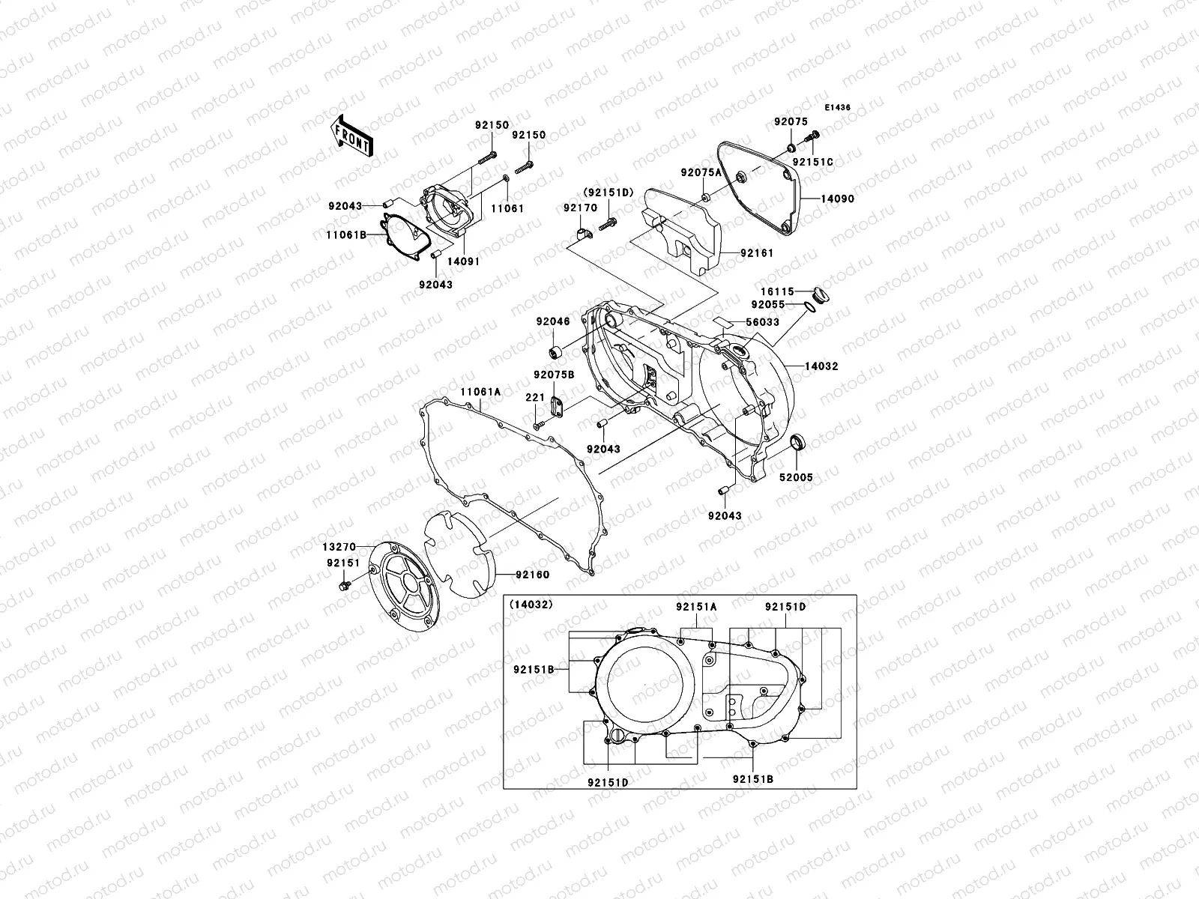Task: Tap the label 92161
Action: (757, 253)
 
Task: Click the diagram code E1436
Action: (839, 108)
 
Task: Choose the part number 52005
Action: (795, 477)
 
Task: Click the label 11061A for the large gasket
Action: (480, 392)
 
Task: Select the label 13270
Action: (339, 547)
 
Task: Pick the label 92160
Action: (532, 575)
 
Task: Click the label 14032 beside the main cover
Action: (821, 366)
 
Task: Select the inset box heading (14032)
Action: (531, 604)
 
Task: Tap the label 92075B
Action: (554, 374)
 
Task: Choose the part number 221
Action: (534, 398)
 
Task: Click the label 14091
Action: (464, 261)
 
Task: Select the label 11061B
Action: (345, 235)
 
